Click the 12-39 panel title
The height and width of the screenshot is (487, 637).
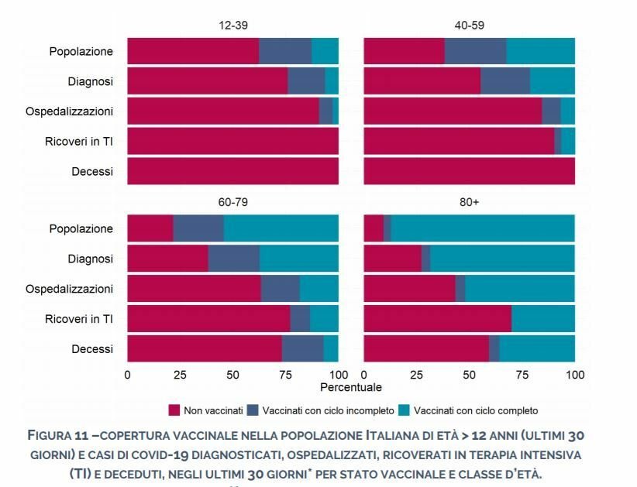click(232, 25)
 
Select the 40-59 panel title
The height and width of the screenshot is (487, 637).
click(469, 25)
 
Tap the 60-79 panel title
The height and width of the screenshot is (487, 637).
click(232, 202)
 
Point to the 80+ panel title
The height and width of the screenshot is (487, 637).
click(469, 202)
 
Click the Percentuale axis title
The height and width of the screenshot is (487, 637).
click(350, 386)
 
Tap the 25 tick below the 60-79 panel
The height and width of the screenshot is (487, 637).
click(180, 375)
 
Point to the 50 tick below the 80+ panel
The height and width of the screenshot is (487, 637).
click(469, 375)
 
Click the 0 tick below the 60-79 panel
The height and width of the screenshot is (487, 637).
click(127, 375)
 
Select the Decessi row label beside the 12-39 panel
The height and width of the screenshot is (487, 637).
click(92, 171)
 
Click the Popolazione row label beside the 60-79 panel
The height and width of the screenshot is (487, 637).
click(81, 228)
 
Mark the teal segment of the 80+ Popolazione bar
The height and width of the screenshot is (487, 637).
click(482, 228)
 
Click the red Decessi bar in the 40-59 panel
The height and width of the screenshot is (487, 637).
click(469, 171)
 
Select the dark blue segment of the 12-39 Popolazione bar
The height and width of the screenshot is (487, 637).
click(285, 51)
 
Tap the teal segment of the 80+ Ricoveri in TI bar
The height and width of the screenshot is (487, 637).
click(542, 318)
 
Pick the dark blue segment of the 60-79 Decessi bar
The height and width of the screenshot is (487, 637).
click(302, 348)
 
